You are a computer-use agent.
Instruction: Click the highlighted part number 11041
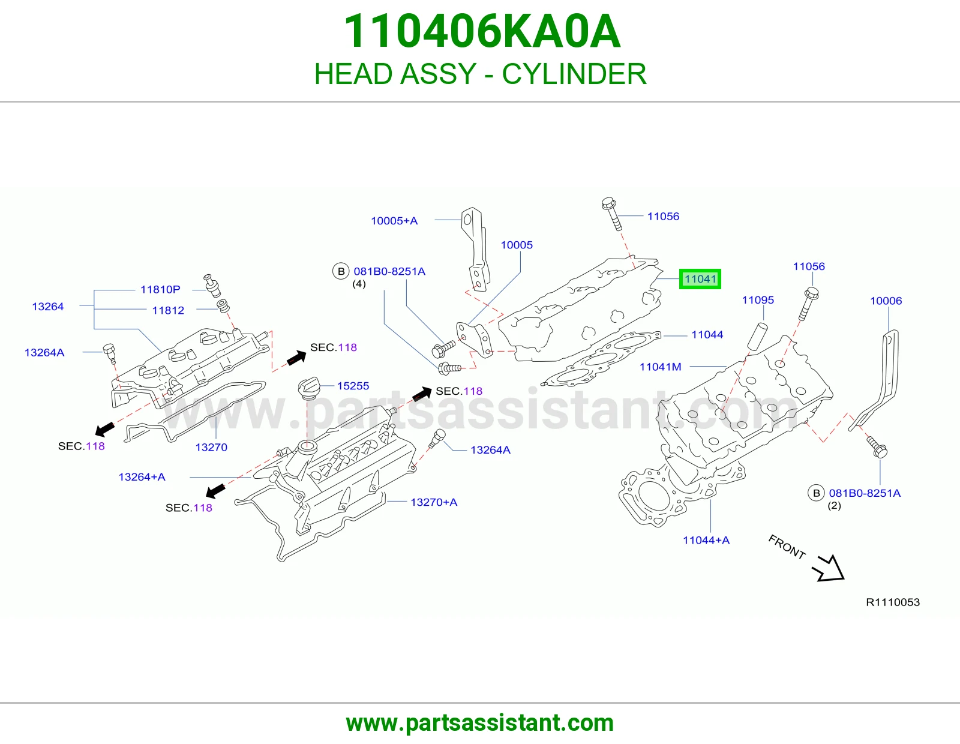(x=700, y=279)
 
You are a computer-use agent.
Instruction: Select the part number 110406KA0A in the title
(x=482, y=31)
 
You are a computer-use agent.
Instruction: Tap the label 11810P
(x=160, y=289)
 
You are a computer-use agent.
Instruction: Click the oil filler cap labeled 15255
(x=308, y=388)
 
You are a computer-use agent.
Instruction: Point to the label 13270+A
(x=434, y=502)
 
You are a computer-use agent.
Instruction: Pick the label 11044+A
(x=706, y=540)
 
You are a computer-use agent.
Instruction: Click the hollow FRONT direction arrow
(x=829, y=569)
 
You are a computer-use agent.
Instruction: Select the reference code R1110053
(x=892, y=602)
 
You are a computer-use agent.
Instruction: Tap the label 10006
(x=886, y=301)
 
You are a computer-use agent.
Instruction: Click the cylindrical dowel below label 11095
(x=757, y=336)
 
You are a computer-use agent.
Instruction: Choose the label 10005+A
(x=394, y=220)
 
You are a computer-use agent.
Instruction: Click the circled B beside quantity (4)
(x=341, y=271)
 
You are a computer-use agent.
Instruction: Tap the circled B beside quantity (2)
(x=816, y=493)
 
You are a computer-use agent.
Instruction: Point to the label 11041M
(x=660, y=367)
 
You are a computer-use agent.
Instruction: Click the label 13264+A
(x=142, y=477)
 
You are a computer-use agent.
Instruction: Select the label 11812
(x=168, y=310)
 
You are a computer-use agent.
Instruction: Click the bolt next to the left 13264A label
(x=110, y=353)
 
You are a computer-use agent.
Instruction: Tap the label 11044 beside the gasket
(x=707, y=334)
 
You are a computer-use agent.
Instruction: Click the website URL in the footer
(x=480, y=723)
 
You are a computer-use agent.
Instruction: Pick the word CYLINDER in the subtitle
(x=574, y=74)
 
